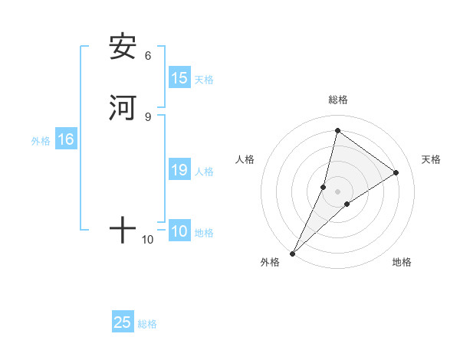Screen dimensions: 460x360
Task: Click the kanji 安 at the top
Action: coord(123,47)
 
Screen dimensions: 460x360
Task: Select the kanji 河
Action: coord(123,107)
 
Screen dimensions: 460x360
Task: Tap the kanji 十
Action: coord(123,229)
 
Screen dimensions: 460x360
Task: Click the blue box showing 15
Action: coord(179,78)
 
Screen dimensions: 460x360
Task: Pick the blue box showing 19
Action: coord(179,171)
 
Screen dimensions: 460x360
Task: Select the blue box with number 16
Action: coord(66,139)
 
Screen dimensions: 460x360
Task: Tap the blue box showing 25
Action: coord(123,322)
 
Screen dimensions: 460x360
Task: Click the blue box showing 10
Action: coord(179,231)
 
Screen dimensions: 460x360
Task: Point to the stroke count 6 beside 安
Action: coord(148,56)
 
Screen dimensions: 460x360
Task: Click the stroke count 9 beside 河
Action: coord(148,116)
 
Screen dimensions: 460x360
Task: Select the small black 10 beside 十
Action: coord(148,240)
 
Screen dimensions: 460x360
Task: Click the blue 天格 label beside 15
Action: coord(204,80)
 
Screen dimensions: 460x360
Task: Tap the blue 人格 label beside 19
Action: coord(204,172)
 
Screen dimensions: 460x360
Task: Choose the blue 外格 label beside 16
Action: coord(41,141)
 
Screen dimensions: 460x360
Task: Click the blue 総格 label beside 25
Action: coord(147,324)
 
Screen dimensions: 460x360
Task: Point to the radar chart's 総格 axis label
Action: coord(338,100)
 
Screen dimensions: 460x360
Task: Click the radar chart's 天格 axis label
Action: coord(431,159)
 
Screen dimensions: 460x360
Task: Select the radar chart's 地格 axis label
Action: coord(402,262)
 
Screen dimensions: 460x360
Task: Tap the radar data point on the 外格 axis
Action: coord(292,254)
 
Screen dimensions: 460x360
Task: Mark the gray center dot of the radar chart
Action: coord(338,191)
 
